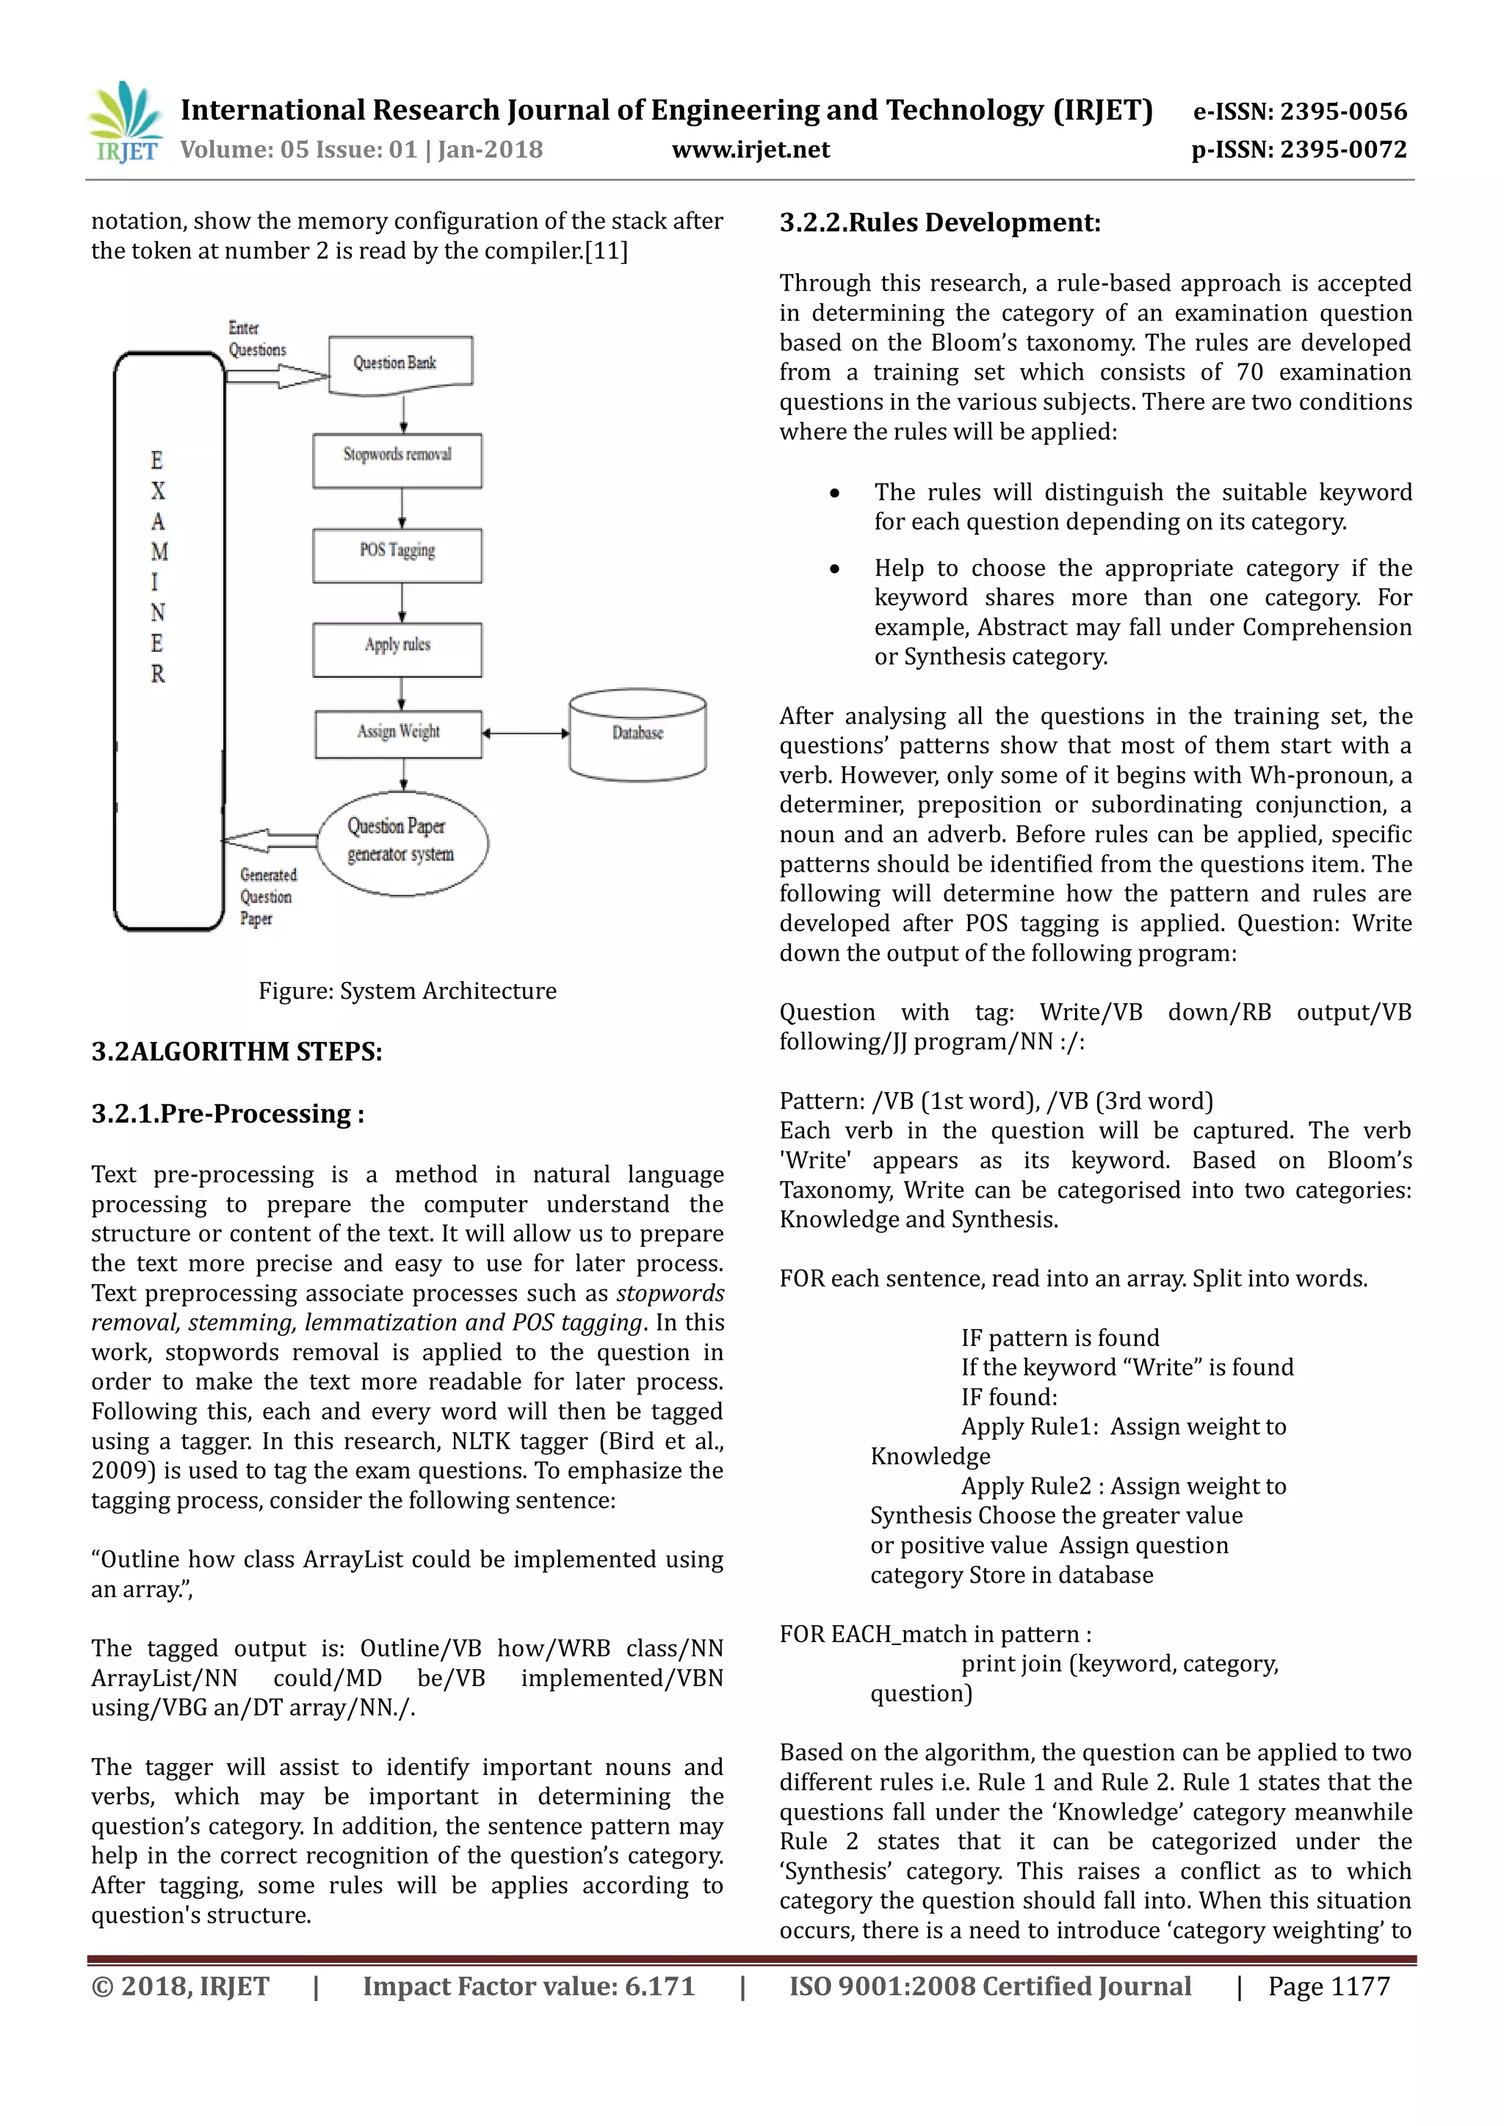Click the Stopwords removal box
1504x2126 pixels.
(397, 460)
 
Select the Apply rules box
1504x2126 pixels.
(397, 649)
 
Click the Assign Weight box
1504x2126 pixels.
(398, 734)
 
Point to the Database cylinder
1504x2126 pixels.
(637, 734)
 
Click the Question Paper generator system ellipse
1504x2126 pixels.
(402, 842)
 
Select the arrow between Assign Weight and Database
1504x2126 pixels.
(525, 734)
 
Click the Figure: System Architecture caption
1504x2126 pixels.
(408, 991)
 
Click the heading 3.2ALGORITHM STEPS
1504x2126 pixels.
(236, 1052)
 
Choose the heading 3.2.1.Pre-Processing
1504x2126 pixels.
(228, 1114)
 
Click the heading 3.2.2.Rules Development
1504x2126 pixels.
(940, 223)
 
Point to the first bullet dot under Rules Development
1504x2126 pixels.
(834, 493)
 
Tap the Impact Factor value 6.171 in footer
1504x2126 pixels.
(529, 1987)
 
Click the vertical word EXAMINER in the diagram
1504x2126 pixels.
(159, 567)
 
